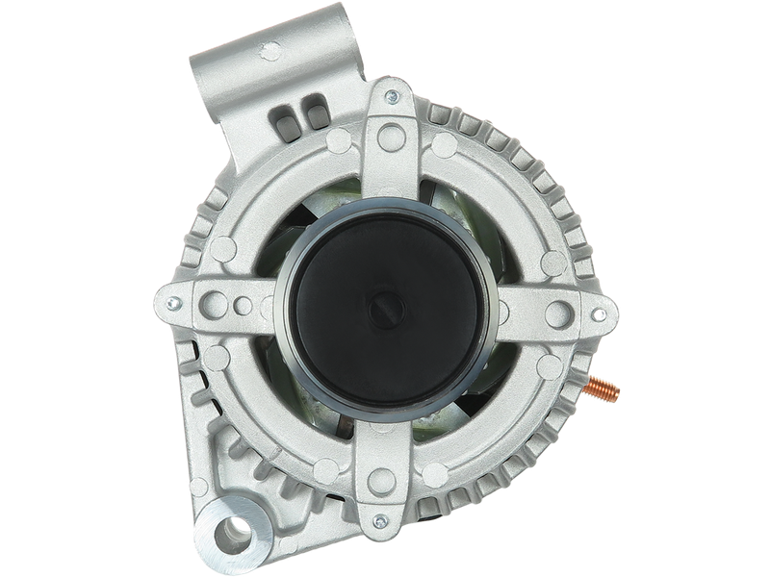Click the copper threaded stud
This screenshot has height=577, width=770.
[604, 391]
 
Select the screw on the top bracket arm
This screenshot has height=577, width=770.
[392, 96]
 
